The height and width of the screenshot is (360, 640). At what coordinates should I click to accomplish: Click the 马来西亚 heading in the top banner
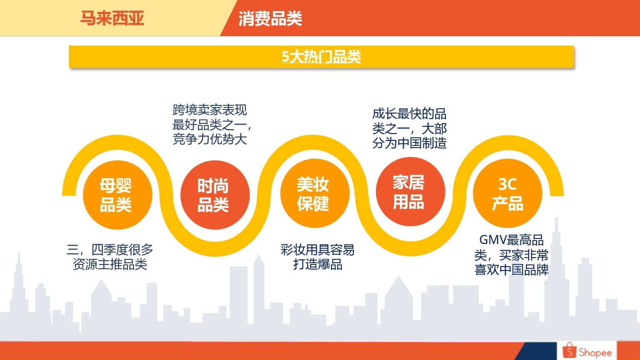tap(112, 18)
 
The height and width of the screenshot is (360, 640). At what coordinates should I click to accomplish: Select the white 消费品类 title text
tap(270, 19)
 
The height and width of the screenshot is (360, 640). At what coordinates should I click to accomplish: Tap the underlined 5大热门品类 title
tap(321, 57)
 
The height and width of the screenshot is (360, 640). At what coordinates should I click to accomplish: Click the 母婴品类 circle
tap(117, 195)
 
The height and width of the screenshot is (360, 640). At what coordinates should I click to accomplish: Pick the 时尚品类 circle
tap(215, 195)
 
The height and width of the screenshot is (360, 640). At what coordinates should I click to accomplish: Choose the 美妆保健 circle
tap(315, 193)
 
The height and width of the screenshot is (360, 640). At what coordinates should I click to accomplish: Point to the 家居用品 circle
tap(410, 192)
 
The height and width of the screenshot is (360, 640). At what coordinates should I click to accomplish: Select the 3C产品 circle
tap(507, 193)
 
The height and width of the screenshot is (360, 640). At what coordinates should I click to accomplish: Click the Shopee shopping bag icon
tap(569, 350)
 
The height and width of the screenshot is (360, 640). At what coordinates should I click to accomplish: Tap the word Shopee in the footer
tap(595, 353)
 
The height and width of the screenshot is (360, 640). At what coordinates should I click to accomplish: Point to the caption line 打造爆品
tap(318, 264)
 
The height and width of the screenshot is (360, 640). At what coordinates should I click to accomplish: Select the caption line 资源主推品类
tap(110, 264)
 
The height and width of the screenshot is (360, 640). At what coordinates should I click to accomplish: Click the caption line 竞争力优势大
tap(210, 139)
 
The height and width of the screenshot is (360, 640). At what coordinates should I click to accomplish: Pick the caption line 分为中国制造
tap(410, 143)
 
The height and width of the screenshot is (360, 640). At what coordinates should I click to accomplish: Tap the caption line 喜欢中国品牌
tap(512, 270)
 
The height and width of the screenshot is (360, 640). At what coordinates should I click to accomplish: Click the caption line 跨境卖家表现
tap(210, 110)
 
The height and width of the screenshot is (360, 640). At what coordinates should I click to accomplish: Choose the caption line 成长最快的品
tap(410, 114)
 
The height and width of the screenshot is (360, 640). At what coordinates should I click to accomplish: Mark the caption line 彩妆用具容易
tap(317, 250)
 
